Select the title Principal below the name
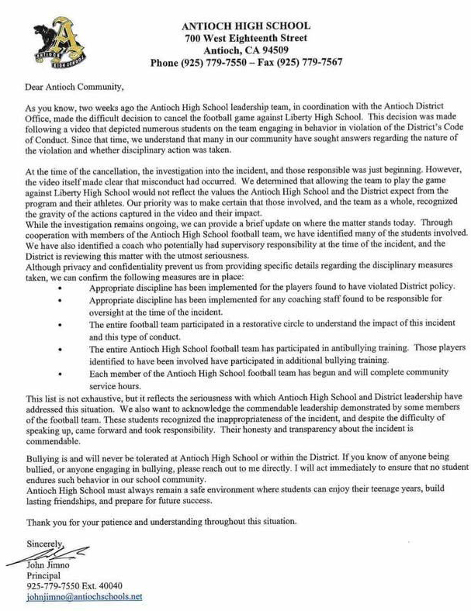click(x=45, y=575)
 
